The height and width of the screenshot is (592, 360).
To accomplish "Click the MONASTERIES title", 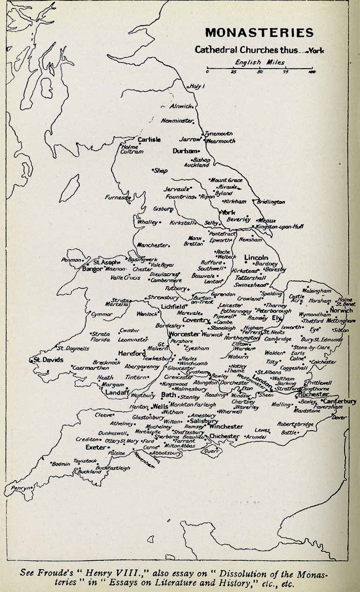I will pyautogui.click(x=259, y=33).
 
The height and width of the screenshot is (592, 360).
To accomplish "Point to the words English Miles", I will pyautogui.click(x=260, y=62).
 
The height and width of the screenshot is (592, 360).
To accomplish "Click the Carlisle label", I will pyautogui.click(x=149, y=139).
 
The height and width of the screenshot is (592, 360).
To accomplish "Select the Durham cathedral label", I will pyautogui.click(x=184, y=151).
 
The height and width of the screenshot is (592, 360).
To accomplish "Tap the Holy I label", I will pyautogui.click(x=197, y=86).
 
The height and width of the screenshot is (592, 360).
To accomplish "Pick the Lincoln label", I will pyautogui.click(x=256, y=258).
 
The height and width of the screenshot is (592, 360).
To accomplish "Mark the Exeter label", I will pyautogui.click(x=95, y=447).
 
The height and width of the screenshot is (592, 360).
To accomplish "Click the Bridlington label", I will pyautogui.click(x=271, y=202).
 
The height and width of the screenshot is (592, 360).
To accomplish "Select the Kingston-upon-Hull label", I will pyautogui.click(x=280, y=226).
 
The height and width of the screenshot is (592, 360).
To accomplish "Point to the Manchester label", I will pyautogui.click(x=152, y=245).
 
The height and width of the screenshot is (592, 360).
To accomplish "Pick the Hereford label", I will pyautogui.click(x=132, y=354).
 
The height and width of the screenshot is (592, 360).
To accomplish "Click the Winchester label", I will pyautogui.click(x=226, y=426).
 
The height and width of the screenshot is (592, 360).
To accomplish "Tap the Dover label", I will pyautogui.click(x=339, y=418).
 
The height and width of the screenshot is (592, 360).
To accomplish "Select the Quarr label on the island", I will pyautogui.click(x=212, y=451).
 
